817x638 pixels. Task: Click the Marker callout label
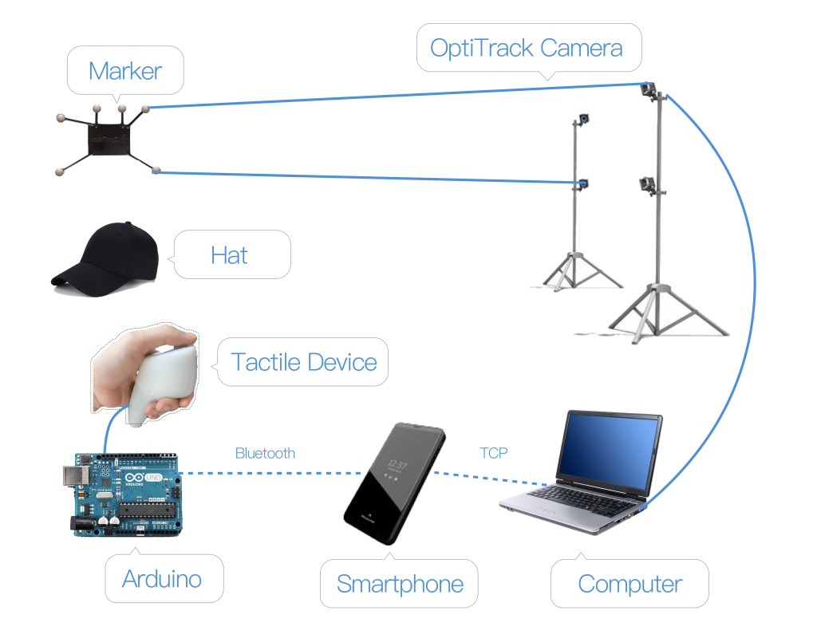click(x=125, y=71)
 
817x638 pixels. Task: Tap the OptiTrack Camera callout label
click(x=526, y=48)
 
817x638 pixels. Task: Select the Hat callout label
click(x=230, y=255)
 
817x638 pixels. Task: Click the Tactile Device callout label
click(x=304, y=362)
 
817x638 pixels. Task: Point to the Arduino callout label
click(x=162, y=579)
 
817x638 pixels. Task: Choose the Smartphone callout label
click(x=400, y=584)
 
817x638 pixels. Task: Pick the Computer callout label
click(x=630, y=584)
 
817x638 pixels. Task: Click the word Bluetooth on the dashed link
click(x=265, y=454)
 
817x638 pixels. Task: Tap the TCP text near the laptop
click(x=494, y=453)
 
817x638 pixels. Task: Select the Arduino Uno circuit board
click(x=128, y=494)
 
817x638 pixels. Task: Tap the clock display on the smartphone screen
click(x=397, y=463)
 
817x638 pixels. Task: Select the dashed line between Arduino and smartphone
click(x=263, y=474)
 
